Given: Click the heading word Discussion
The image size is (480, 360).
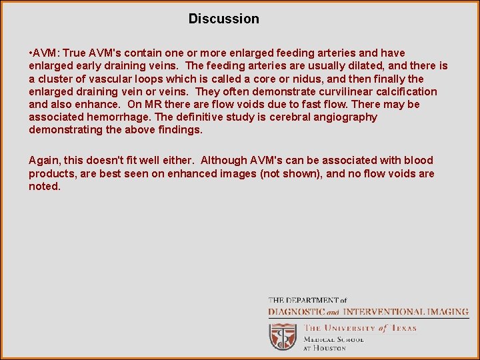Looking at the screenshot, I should tap(223, 19).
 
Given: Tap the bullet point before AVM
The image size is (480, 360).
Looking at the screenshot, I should tap(31, 53).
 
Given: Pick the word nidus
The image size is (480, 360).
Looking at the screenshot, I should tap(276, 79).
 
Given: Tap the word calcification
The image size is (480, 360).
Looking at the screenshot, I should tap(405, 91).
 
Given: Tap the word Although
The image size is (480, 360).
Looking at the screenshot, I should tap(224, 161).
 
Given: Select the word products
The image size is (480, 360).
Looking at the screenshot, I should tap(51, 174).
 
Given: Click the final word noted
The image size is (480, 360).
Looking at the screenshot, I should tap(44, 187).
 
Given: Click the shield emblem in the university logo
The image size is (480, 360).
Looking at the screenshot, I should tap(283, 337).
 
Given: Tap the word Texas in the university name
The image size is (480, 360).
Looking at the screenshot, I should tap(403, 328).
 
